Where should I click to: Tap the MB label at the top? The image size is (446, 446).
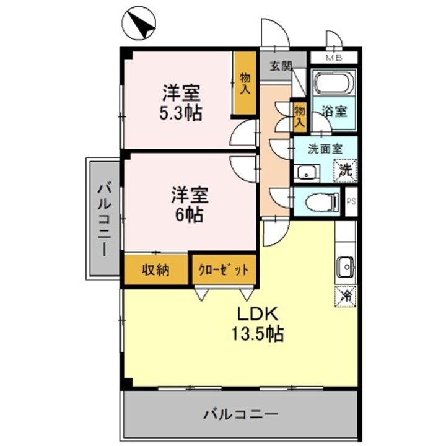tap(334, 59)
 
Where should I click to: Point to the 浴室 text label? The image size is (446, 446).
tap(334, 112)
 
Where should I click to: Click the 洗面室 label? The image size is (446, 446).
tap(325, 149)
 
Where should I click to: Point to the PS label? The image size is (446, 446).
tap(351, 201)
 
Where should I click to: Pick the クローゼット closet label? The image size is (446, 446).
tap(224, 270)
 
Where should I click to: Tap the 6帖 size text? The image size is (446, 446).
tap(190, 215)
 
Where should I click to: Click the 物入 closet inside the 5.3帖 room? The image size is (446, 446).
tap(245, 84)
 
